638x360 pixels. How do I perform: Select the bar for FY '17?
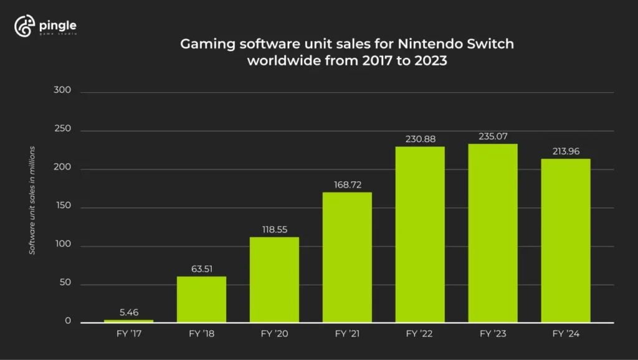(x=128, y=321)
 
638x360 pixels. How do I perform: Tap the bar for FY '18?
(x=201, y=300)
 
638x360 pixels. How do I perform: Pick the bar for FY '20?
(x=274, y=280)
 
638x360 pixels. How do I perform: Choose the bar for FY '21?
(x=347, y=257)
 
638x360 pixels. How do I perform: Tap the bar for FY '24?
(x=566, y=240)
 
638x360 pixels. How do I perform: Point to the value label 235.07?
(x=493, y=136)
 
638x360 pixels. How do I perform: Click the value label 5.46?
(x=128, y=312)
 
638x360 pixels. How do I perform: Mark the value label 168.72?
(x=347, y=184)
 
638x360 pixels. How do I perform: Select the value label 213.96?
(x=566, y=151)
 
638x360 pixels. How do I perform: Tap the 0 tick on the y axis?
(x=68, y=322)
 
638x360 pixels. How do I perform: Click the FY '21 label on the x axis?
(x=347, y=334)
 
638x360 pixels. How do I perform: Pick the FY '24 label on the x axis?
(x=566, y=334)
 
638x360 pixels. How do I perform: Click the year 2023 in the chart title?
(x=428, y=62)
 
